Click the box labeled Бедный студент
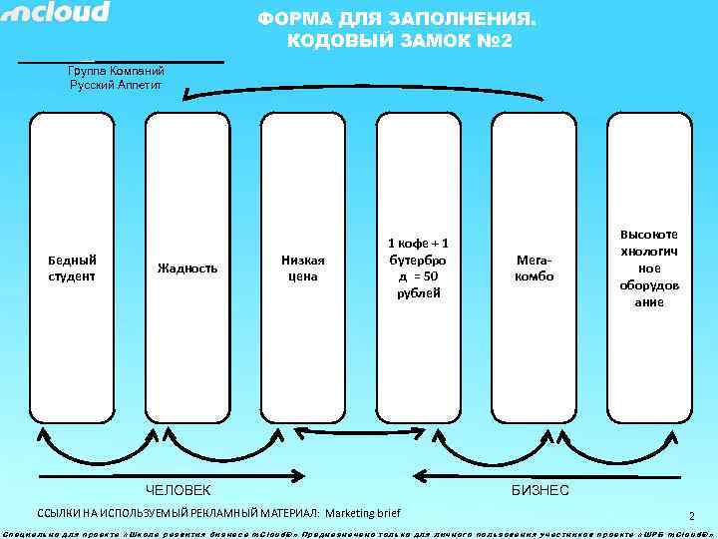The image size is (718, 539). [72, 268]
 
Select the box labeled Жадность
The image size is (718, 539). [187, 268]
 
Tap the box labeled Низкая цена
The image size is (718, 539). [302, 268]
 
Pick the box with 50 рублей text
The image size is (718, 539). [418, 268]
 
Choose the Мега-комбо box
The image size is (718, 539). [534, 268]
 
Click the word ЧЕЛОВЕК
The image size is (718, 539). [179, 490]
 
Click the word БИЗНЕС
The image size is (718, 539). [539, 490]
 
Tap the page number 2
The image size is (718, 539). [690, 516]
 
